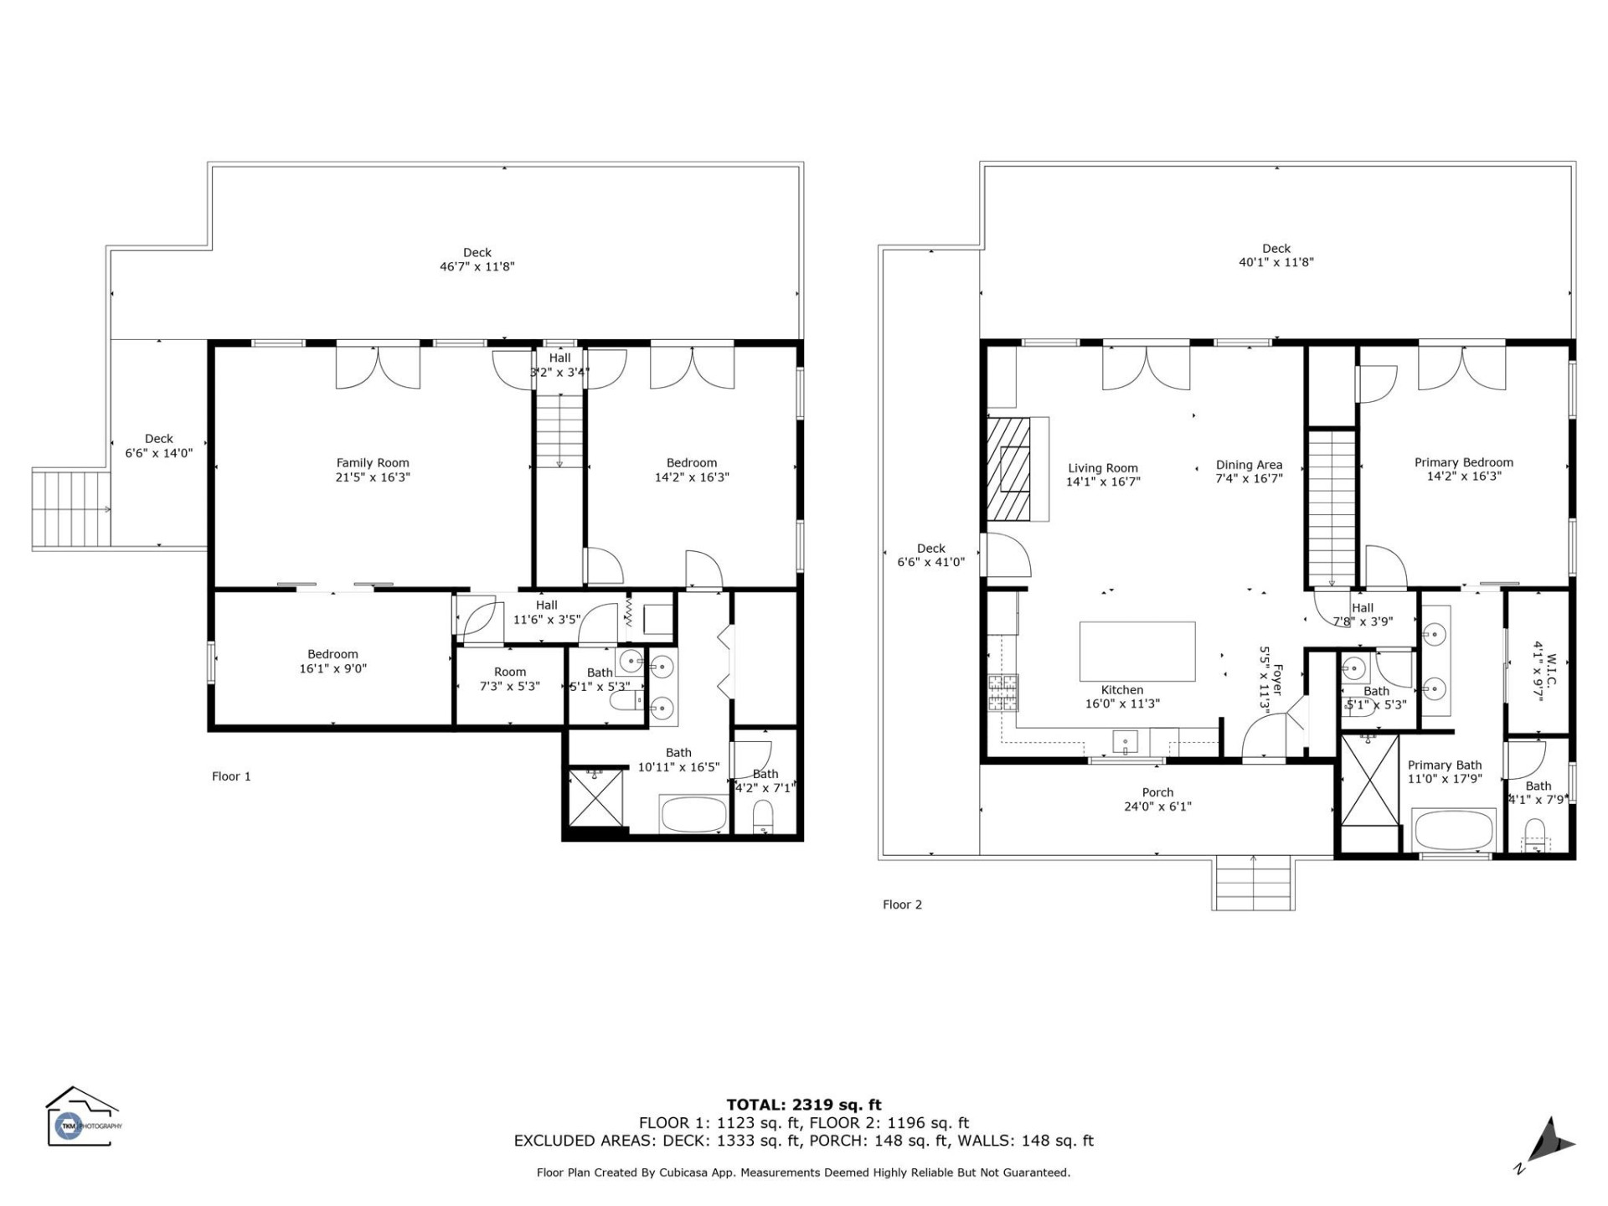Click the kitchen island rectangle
1136,652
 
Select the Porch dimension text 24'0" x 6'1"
1157,807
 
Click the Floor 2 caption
902,904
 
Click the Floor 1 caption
231,776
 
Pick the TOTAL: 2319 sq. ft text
803,1105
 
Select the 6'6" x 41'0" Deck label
930,555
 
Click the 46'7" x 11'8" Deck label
477,260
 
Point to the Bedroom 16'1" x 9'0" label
332,661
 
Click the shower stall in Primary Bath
1369,779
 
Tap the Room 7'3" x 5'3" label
509,678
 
